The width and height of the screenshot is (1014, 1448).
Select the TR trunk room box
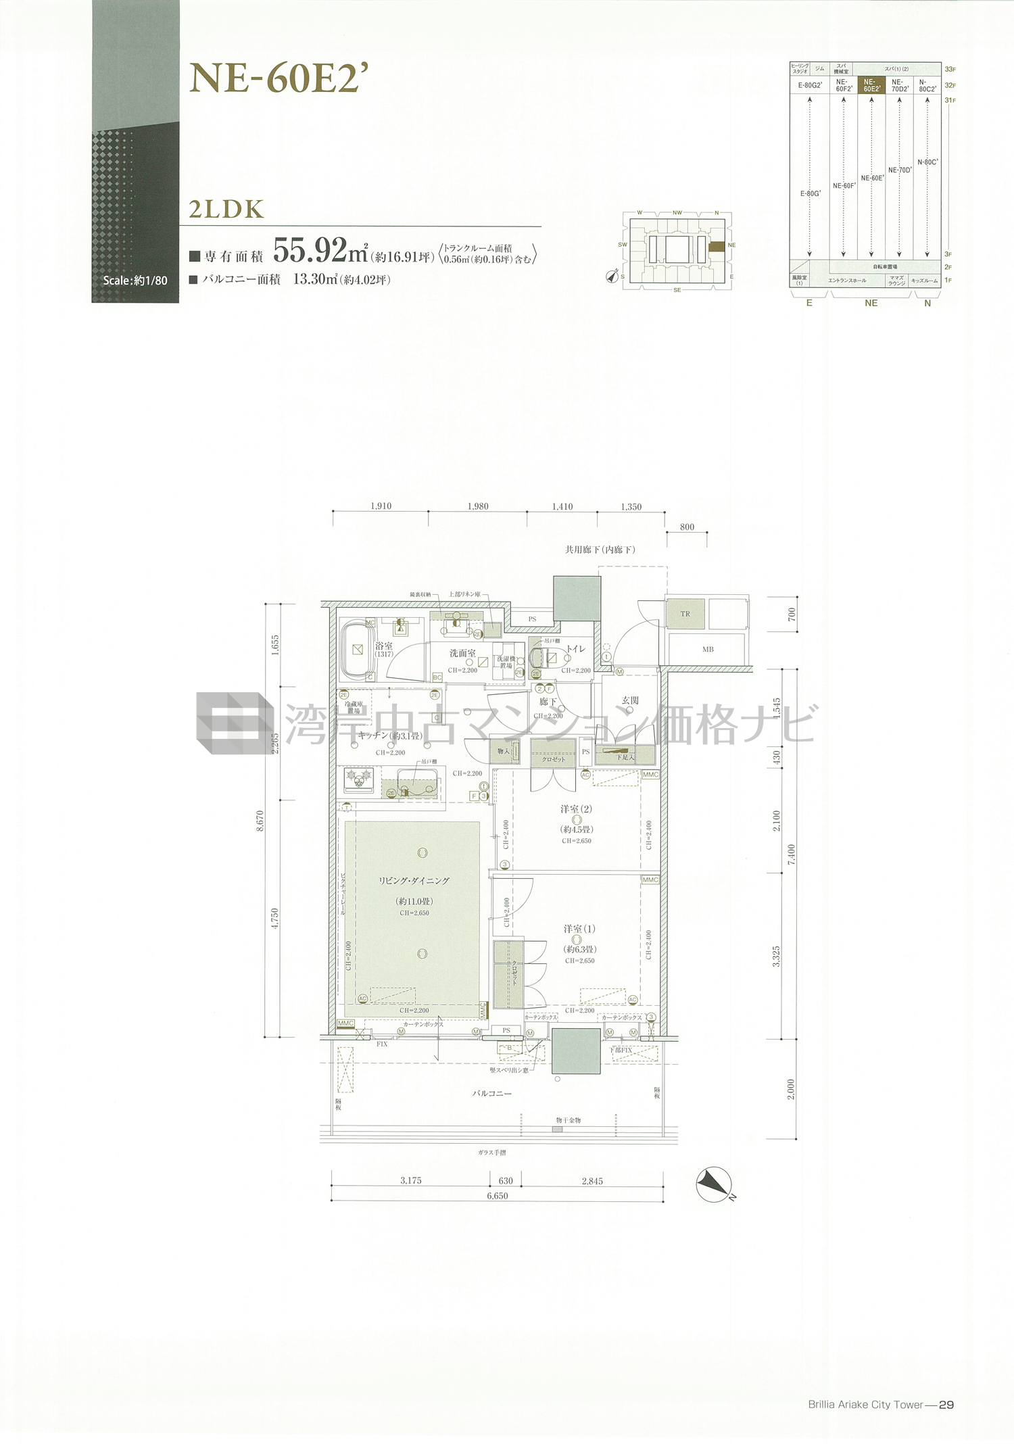685,614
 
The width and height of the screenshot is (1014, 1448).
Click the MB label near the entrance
708,649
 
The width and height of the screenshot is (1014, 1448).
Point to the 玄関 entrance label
630,700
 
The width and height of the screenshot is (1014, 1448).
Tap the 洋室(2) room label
576,809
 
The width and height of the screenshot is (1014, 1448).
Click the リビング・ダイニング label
414,880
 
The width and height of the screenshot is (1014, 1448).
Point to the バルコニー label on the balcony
491,1093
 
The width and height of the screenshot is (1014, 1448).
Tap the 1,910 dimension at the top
381,506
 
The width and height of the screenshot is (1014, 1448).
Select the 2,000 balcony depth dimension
791,1089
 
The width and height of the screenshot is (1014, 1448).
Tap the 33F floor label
950,69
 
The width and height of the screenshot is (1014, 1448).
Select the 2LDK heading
226,210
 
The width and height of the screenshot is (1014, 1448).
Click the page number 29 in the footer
946,1405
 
